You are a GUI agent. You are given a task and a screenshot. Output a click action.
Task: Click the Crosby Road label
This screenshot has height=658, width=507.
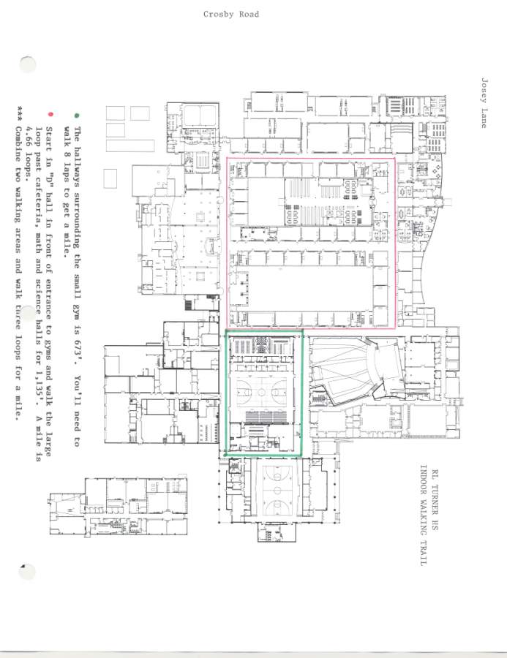tap(231, 15)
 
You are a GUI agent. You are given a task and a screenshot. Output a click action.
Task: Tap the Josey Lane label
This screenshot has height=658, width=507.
tap(484, 103)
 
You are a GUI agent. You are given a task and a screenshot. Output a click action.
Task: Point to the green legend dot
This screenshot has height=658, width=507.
tap(76, 116)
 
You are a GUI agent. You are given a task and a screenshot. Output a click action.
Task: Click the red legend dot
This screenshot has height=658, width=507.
tap(50, 114)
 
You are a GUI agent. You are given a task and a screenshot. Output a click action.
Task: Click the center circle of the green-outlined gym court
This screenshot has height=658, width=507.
tap(262, 393)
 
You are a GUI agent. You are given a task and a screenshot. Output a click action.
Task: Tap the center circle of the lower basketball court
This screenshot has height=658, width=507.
tap(277, 490)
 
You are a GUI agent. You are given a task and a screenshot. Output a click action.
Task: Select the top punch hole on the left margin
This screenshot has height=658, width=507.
tap(28, 64)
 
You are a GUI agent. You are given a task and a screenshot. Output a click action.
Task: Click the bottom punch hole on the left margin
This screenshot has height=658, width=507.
tap(28, 572)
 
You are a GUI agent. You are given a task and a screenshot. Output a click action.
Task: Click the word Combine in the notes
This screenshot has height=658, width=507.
tap(19, 143)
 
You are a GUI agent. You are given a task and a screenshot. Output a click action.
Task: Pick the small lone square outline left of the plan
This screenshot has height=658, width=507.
tap(110, 178)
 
